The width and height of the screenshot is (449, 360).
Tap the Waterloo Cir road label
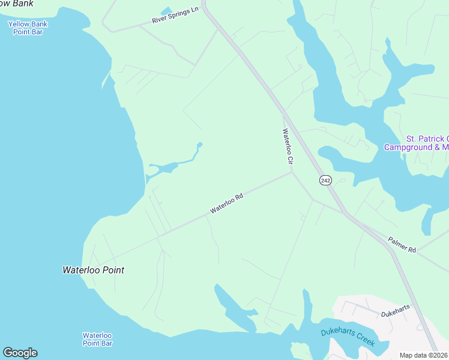point(288,146)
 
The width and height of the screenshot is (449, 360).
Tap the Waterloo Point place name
point(94,270)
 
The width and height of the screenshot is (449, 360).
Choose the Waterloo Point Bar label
point(97,339)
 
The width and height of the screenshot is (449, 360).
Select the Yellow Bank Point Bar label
point(28,28)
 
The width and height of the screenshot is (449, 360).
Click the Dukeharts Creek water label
point(347,337)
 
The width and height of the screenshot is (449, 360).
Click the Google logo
point(20,353)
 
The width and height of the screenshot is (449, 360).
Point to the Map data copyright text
point(424,355)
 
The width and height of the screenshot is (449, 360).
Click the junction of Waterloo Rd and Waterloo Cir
point(292,172)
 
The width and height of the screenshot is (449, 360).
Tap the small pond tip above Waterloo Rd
point(200,144)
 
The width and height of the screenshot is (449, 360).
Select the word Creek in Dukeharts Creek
point(364,341)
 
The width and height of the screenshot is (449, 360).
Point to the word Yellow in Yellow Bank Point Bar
point(19,24)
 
